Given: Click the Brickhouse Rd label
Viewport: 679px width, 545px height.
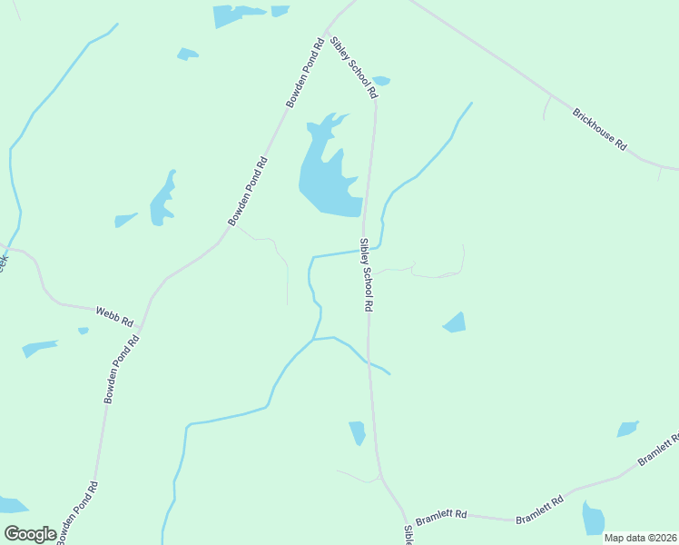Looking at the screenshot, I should click(599, 129).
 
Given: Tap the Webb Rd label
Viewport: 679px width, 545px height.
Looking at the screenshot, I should click(114, 316).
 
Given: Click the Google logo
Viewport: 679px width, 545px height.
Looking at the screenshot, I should click(30, 534).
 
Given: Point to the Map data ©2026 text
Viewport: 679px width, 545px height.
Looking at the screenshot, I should click(640, 538).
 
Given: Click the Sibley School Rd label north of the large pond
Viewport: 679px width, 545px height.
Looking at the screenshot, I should click(354, 68).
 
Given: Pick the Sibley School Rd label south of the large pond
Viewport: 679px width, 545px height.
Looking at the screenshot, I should click(366, 276).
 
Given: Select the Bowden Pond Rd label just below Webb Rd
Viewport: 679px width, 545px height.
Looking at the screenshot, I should click(122, 369).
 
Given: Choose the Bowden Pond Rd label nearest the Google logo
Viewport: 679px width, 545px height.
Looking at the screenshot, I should click(76, 514).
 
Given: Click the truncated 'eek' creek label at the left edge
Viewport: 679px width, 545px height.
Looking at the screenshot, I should click(4, 261).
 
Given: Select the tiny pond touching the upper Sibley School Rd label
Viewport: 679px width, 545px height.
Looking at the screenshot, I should click(381, 80).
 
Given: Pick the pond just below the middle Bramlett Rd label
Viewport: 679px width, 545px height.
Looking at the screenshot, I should click(593, 519).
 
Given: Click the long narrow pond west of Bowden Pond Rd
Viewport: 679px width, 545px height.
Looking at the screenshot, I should click(163, 198).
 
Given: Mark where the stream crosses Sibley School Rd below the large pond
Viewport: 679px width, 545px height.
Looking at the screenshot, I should click(363, 251).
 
